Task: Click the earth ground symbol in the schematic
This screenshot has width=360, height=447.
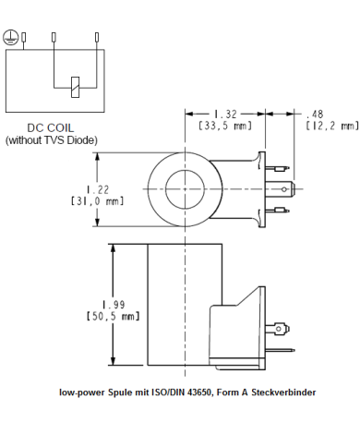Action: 10,36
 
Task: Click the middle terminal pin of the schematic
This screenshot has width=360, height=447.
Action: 54,38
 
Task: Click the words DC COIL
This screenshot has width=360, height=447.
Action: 51,128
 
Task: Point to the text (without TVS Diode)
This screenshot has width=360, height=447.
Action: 52,140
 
